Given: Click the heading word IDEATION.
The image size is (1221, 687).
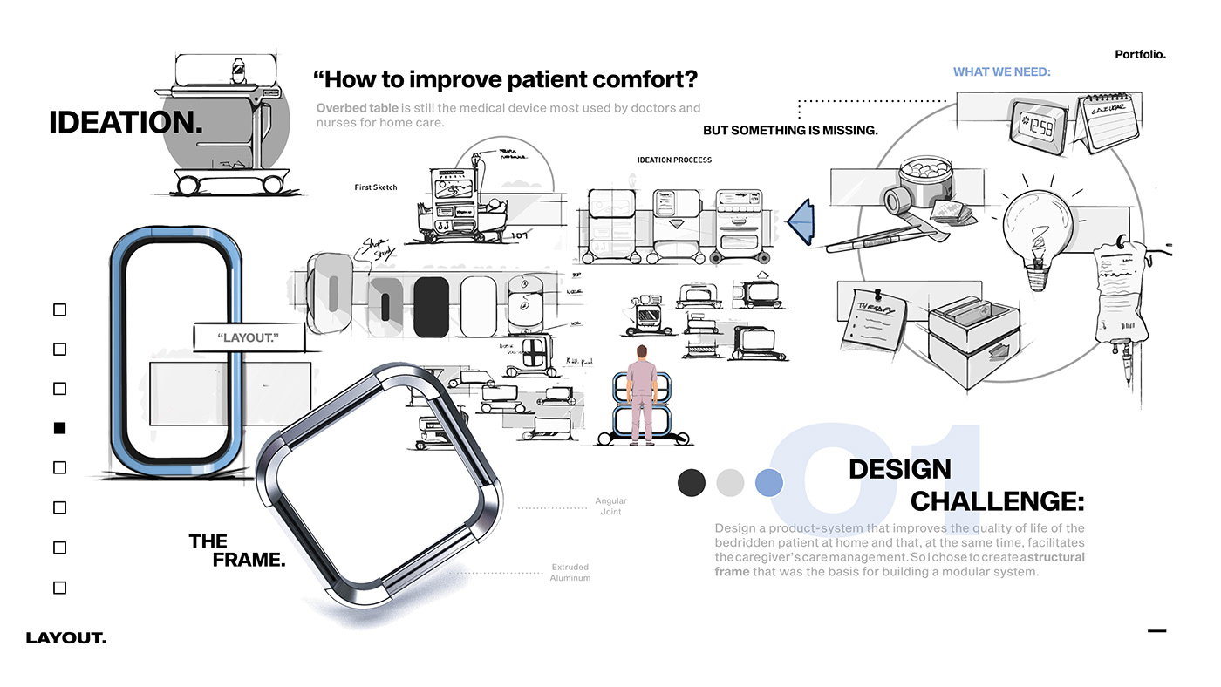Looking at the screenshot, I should coord(126,123).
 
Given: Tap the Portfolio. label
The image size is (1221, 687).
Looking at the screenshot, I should coord(1140,54).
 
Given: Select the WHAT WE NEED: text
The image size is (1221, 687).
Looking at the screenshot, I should coord(1001,72).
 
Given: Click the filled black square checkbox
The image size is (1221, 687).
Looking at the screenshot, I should coord(59,428).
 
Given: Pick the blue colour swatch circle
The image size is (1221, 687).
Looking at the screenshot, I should coord(768,482).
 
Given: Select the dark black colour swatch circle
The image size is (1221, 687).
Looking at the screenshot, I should coord(691,482).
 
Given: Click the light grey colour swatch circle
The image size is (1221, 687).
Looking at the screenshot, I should coord(730,482).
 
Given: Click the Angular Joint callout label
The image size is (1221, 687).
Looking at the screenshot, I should coord(610,507).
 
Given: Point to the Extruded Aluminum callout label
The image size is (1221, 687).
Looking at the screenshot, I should coord(570,573).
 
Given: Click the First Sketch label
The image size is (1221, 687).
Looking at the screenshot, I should coord(376,187).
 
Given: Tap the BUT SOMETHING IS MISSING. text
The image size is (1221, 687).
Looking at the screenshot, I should coord(790,131).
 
